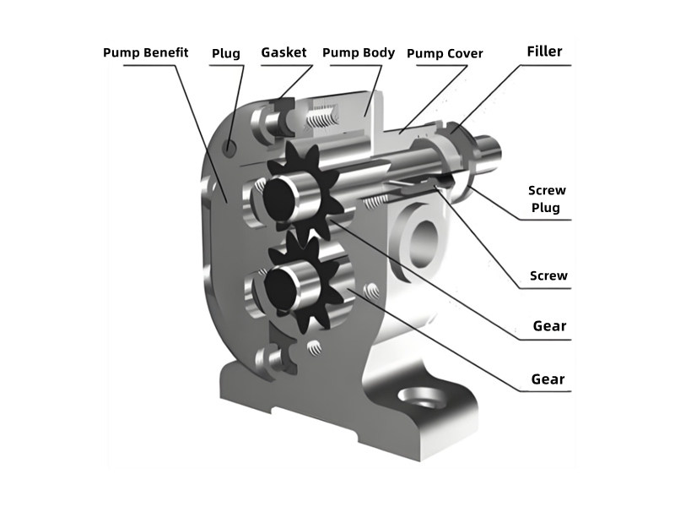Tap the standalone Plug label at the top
click(x=225, y=53)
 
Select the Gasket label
click(x=284, y=52)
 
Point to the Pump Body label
click(x=359, y=52)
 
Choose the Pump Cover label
click(x=445, y=53)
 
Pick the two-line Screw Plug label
click(x=548, y=199)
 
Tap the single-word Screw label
click(x=548, y=275)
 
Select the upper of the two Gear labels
click(x=549, y=326)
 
